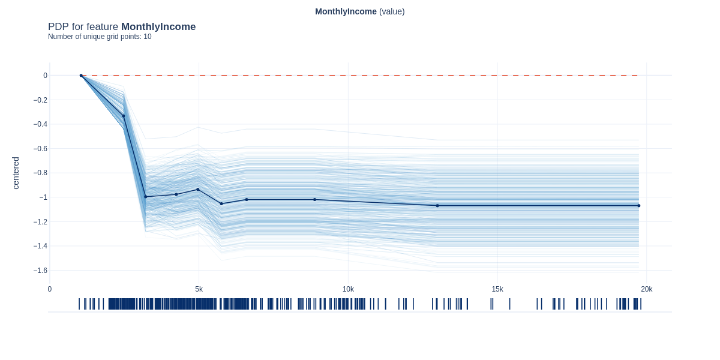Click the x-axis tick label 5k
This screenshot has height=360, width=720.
(199, 289)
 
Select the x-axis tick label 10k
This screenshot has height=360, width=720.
(348, 289)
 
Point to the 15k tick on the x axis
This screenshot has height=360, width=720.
(497, 289)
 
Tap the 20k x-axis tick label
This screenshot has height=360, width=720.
(646, 289)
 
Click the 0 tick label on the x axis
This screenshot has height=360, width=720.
(50, 289)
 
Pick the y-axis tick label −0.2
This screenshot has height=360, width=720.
(40, 100)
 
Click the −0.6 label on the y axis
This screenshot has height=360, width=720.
(40, 149)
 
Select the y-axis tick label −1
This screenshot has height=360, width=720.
(43, 197)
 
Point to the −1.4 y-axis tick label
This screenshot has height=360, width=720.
(40, 246)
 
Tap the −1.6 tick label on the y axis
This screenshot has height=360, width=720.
(40, 271)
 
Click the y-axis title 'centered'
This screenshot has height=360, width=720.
(16, 173)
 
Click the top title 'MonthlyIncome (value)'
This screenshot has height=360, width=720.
(360, 11)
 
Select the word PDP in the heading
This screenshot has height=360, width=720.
(58, 27)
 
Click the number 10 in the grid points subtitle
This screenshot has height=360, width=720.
(148, 37)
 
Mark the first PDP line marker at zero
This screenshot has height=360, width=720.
(81, 76)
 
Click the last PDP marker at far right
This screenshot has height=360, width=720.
(638, 206)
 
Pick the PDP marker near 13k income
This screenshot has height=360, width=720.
(437, 206)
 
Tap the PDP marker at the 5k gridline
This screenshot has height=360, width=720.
(198, 190)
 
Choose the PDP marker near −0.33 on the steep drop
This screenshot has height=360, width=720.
(124, 116)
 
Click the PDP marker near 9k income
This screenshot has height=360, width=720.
(314, 200)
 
